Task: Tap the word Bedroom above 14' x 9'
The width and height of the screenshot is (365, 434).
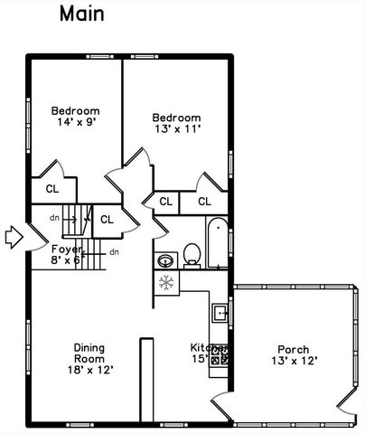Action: click(75, 111)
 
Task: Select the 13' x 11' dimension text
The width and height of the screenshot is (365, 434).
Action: click(176, 130)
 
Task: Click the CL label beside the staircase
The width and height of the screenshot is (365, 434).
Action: click(107, 219)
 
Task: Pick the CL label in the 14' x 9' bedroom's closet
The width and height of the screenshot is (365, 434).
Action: click(51, 189)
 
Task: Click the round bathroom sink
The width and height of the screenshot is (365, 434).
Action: click(165, 261)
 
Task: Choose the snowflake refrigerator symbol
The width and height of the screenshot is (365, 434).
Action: click(166, 283)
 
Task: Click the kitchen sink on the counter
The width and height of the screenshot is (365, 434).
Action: click(220, 313)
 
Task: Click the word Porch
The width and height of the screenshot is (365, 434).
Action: click(293, 350)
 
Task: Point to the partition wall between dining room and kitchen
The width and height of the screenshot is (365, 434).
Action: click(143, 380)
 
